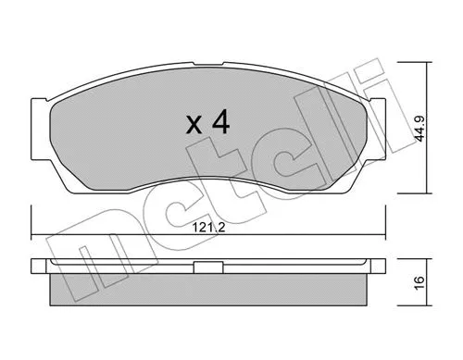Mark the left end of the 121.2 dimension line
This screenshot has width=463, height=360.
tap(31, 232)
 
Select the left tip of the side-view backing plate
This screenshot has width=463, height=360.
tap(33, 265)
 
